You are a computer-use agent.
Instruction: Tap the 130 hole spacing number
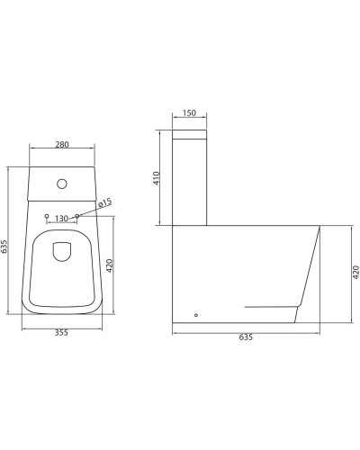click(61, 218)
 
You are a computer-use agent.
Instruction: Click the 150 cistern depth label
click(189, 113)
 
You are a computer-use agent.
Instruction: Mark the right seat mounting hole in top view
click(78, 216)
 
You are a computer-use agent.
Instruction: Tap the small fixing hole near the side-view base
click(196, 315)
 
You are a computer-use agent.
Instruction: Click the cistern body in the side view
click(189, 184)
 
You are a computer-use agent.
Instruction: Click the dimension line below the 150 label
click(189, 121)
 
